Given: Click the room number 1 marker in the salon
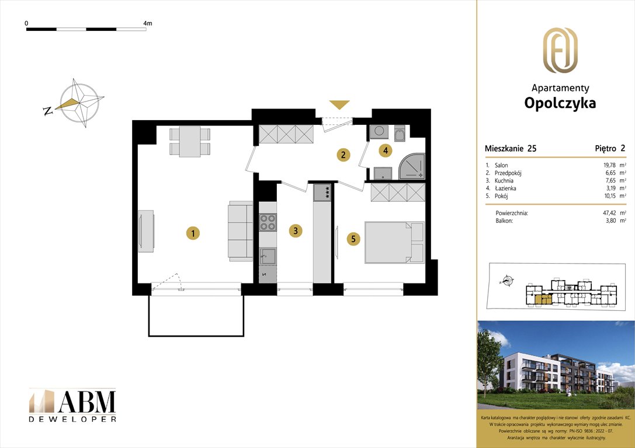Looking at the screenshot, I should (x=192, y=233).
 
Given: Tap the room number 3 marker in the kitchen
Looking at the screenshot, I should (x=296, y=231).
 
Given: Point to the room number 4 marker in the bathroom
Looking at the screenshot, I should (x=384, y=150).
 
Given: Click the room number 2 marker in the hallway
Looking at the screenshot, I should (x=343, y=155).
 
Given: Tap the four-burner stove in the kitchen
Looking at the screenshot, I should (x=268, y=222).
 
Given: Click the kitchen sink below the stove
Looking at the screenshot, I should (x=268, y=254).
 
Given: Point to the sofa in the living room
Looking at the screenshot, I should (x=239, y=231).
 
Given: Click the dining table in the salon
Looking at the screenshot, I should (x=190, y=142).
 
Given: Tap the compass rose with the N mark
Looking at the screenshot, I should (x=79, y=103).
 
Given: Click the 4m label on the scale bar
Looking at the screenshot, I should (x=147, y=23).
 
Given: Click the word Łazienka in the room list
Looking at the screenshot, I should (x=505, y=188).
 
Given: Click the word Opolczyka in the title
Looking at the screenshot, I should (x=560, y=103).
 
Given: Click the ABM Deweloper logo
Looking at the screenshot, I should (x=72, y=405).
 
